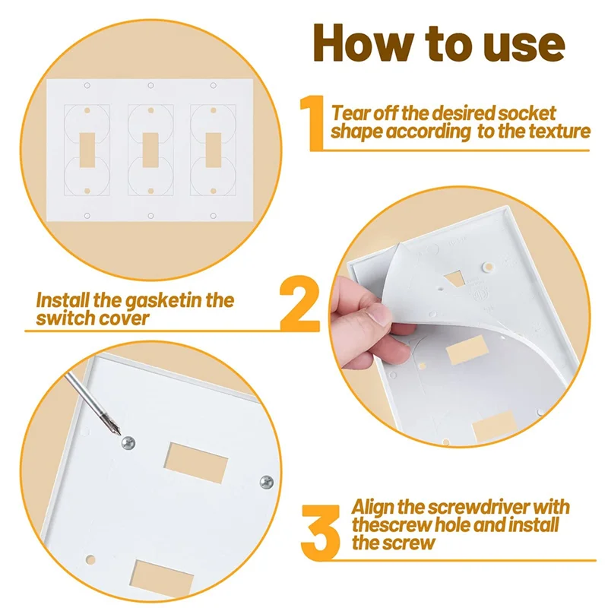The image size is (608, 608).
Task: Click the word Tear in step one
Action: click(x=353, y=113)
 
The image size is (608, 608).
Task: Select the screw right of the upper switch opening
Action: click(x=267, y=480)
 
